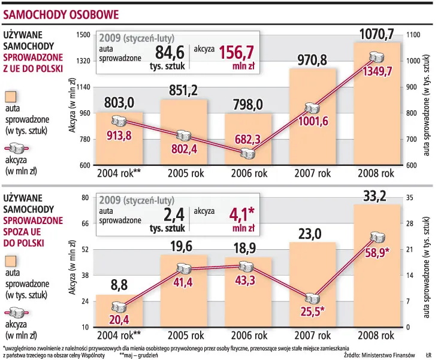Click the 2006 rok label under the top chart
tap(248, 174)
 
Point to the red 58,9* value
tap(377, 253)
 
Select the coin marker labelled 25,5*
tap(313, 298)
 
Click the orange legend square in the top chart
tap(13, 98)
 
